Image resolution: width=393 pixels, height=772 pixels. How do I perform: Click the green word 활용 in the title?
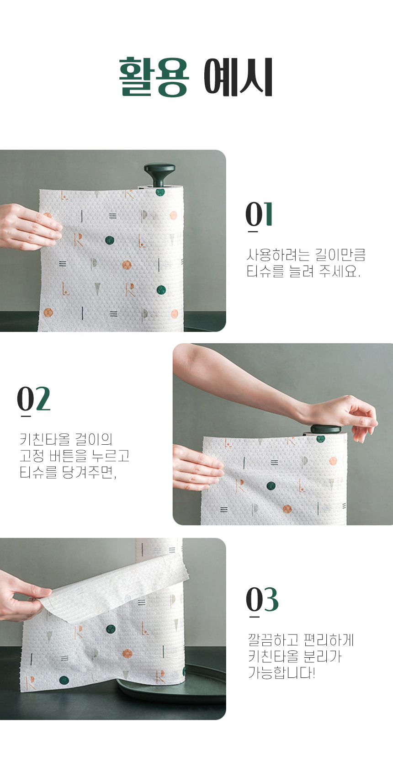coord(154,77)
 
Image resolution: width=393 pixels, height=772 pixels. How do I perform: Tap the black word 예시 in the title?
coord(239,77)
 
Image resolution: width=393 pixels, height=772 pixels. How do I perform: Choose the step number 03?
coord(262,599)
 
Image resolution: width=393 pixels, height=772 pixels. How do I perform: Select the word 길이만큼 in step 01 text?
coord(340,255)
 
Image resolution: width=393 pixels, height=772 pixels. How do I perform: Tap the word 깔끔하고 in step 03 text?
coord(273,640)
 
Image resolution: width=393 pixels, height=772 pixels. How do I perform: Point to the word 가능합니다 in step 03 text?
coord(281,672)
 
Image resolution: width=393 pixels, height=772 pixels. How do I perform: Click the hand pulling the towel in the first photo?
coord(29,226)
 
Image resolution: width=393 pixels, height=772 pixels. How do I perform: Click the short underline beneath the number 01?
coord(253,231)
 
